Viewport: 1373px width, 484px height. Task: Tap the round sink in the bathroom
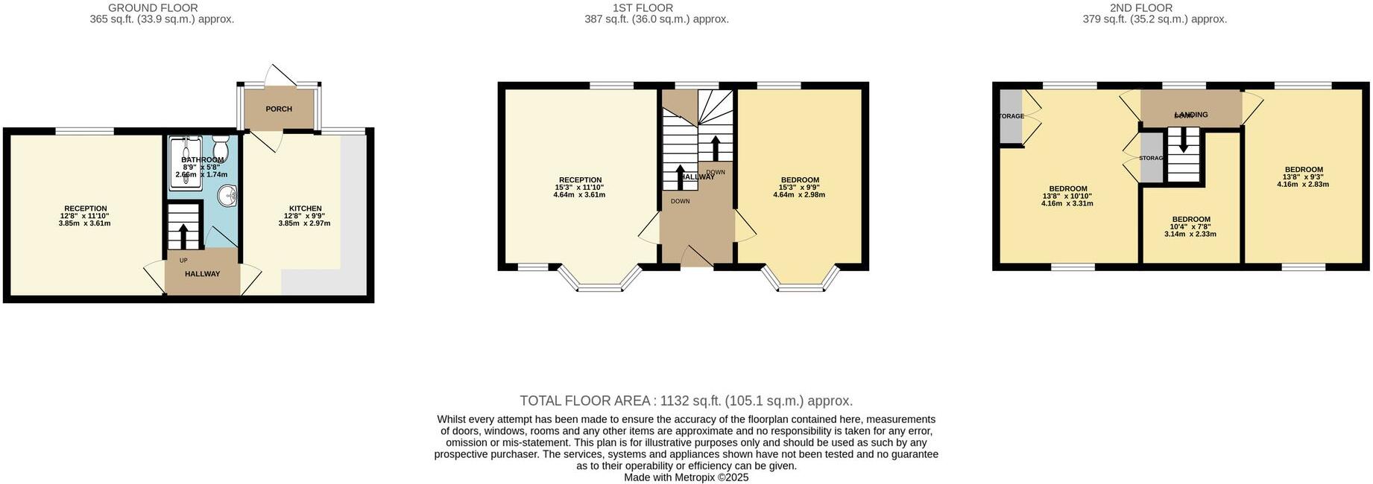(x=227, y=196)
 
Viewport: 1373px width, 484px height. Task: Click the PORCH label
(x=279, y=109)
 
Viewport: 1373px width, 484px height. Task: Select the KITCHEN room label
(x=305, y=208)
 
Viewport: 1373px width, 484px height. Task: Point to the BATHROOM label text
(x=202, y=159)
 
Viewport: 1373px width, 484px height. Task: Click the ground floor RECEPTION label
(x=85, y=208)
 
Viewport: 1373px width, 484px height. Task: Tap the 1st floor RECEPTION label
(x=580, y=179)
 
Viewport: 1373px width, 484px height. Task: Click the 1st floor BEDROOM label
(x=800, y=179)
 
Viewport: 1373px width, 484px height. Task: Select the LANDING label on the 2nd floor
(x=1190, y=115)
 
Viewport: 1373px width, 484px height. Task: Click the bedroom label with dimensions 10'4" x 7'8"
(x=1190, y=219)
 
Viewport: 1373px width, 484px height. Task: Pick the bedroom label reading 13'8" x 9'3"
(x=1304, y=170)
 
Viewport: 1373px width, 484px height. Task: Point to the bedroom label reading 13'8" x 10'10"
(x=1067, y=189)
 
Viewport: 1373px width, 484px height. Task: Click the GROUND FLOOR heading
(x=153, y=8)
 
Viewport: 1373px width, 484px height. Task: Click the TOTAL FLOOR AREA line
(x=686, y=401)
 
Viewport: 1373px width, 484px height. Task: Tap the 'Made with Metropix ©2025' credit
(x=686, y=477)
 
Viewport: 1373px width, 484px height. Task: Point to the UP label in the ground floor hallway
(x=183, y=260)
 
